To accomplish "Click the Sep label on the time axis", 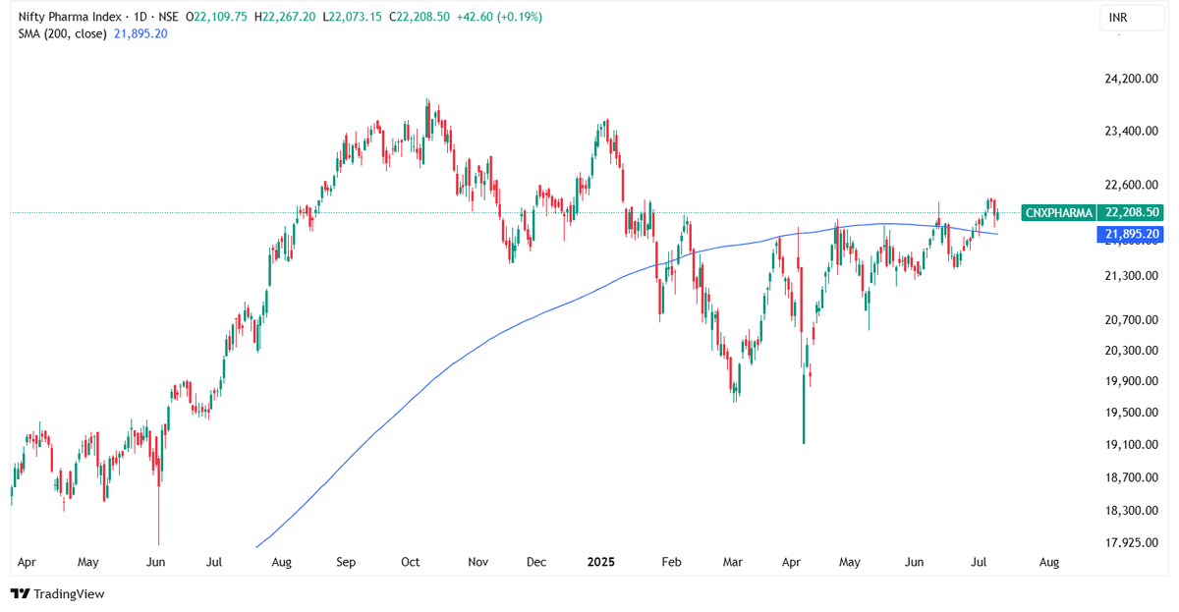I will (346, 563).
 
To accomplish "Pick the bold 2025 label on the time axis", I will (600, 563).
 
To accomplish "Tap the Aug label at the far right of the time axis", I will (1049, 563).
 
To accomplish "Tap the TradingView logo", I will (57, 593).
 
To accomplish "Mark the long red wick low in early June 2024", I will (158, 542).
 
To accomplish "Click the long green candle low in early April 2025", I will (804, 442).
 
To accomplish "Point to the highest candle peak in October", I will (427, 99).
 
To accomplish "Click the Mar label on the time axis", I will (732, 563).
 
